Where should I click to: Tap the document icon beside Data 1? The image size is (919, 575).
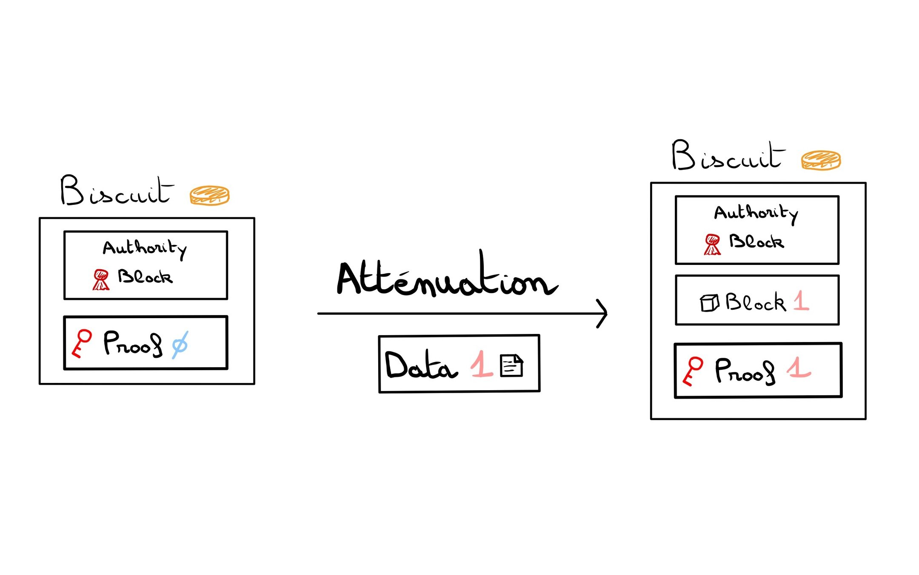pyautogui.click(x=511, y=366)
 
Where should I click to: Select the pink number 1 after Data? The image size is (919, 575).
pyautogui.click(x=482, y=364)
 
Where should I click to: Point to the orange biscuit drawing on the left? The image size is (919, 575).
pyautogui.click(x=209, y=195)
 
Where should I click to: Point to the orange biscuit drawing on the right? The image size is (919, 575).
pyautogui.click(x=821, y=160)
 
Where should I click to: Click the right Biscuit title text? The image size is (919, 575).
pyautogui.click(x=728, y=155)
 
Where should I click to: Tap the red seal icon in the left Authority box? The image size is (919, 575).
pyautogui.click(x=101, y=279)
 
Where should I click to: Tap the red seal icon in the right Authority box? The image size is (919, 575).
pyautogui.click(x=712, y=244)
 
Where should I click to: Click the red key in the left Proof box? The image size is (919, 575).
pyautogui.click(x=82, y=343)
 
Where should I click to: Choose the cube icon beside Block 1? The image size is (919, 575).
pyautogui.click(x=709, y=303)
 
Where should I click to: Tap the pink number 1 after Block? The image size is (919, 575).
pyautogui.click(x=801, y=301)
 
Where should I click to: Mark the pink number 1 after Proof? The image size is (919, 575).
pyautogui.click(x=798, y=368)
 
